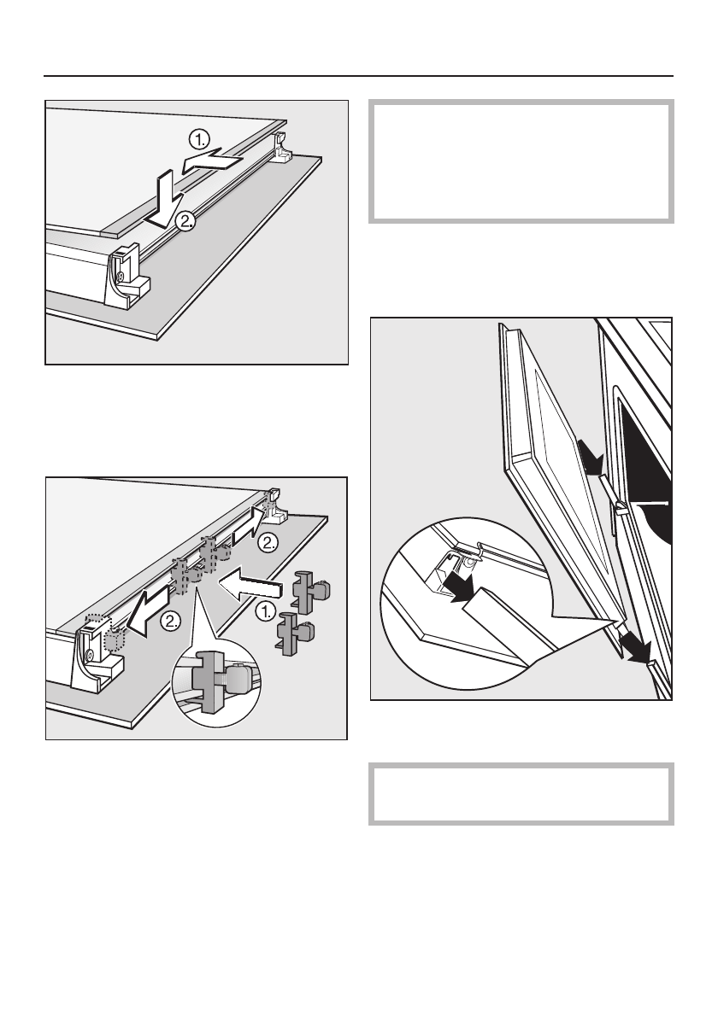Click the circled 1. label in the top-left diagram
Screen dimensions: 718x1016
click(200, 139)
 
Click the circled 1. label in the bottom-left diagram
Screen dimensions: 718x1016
click(265, 610)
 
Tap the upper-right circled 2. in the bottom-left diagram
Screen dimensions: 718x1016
click(268, 543)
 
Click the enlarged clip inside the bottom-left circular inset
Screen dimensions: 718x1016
click(219, 680)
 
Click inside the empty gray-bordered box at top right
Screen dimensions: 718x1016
click(521, 161)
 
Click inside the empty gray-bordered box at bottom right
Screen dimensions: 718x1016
click(521, 794)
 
